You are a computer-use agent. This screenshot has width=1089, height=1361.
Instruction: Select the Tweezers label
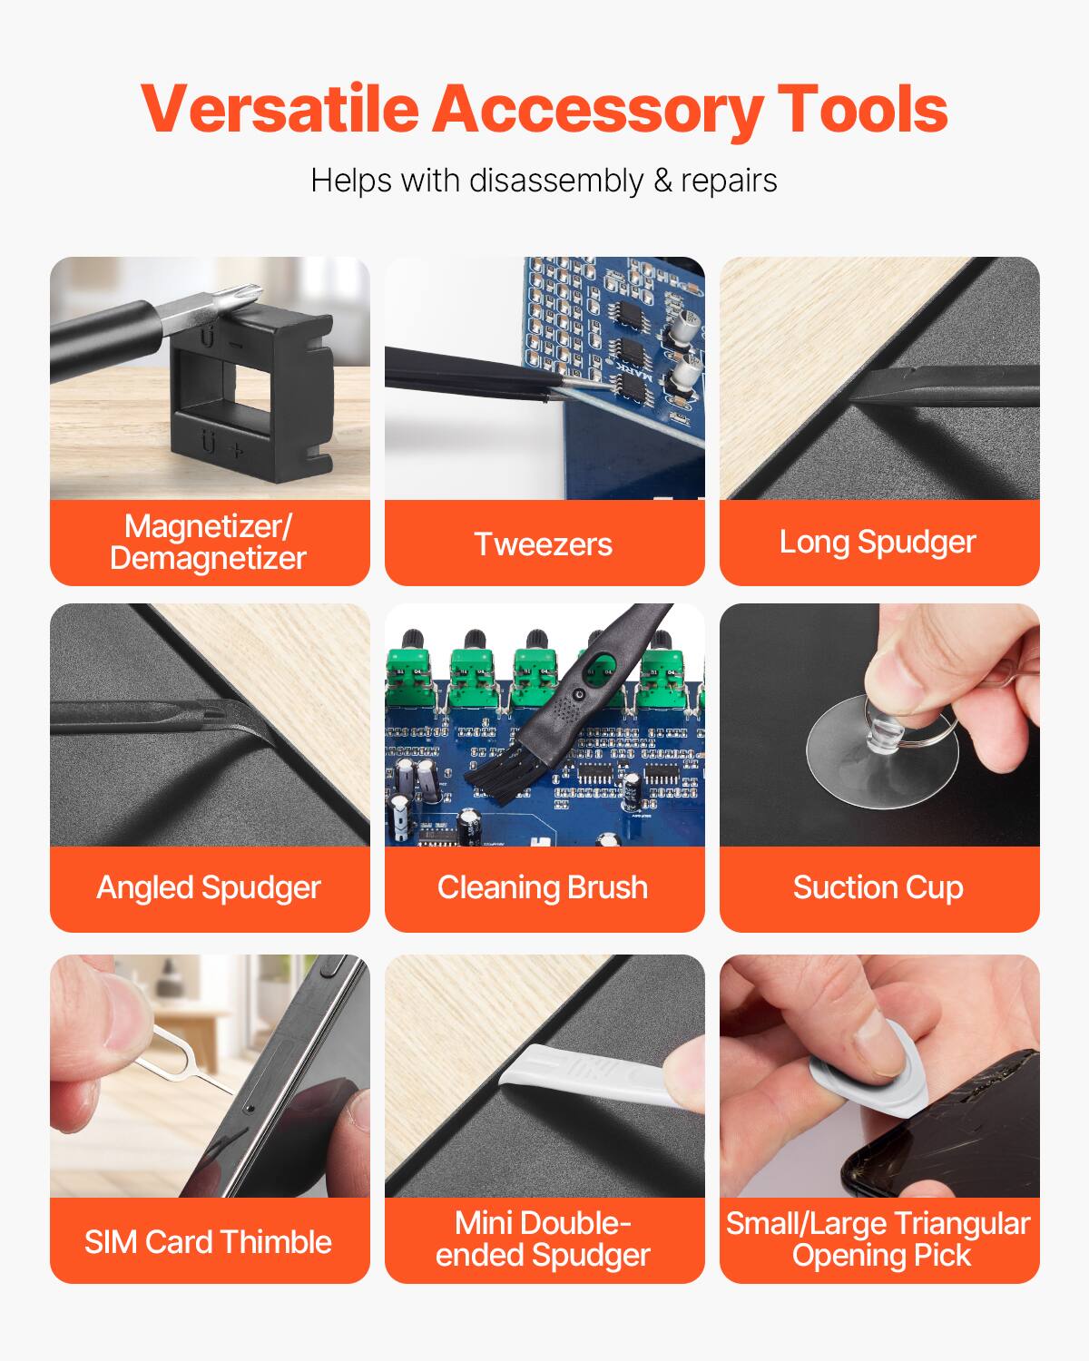coord(544,543)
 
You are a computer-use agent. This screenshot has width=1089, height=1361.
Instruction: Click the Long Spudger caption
coord(878,542)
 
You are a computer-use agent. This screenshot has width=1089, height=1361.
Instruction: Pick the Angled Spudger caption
coord(209,887)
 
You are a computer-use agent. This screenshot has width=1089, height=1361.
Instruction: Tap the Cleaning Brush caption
coord(543,887)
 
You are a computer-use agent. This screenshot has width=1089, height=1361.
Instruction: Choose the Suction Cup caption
coord(878,887)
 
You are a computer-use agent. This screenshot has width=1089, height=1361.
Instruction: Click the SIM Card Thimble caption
coord(209,1241)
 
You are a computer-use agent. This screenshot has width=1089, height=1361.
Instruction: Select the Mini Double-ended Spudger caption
coord(543,1239)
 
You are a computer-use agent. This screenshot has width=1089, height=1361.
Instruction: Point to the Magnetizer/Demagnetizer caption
coord(209,542)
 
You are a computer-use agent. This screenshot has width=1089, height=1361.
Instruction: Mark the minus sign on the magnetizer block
coord(235,345)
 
